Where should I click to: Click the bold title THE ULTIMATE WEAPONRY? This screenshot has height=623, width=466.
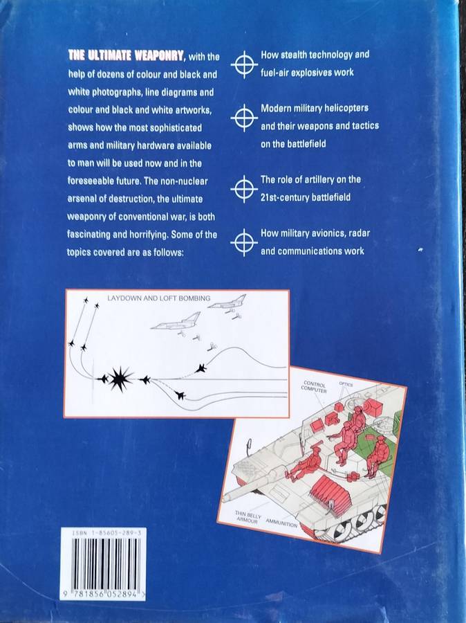(x=126, y=55)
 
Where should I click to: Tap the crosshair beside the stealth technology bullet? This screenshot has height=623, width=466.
(x=244, y=64)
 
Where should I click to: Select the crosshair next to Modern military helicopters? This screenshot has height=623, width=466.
(x=244, y=118)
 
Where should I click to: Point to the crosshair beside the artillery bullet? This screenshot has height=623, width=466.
(x=244, y=189)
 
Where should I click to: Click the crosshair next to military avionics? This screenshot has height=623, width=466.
(x=244, y=242)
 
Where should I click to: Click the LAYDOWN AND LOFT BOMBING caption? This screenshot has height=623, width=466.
(x=159, y=298)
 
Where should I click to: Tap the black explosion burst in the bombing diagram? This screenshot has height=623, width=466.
(x=120, y=379)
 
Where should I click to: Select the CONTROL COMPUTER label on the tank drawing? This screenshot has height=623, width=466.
(x=315, y=387)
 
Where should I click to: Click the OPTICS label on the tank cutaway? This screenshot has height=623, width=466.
(x=346, y=384)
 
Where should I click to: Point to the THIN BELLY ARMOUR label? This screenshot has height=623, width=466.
(x=248, y=517)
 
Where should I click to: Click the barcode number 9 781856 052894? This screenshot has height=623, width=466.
(x=104, y=595)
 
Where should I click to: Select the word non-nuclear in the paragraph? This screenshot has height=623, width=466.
(x=184, y=181)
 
